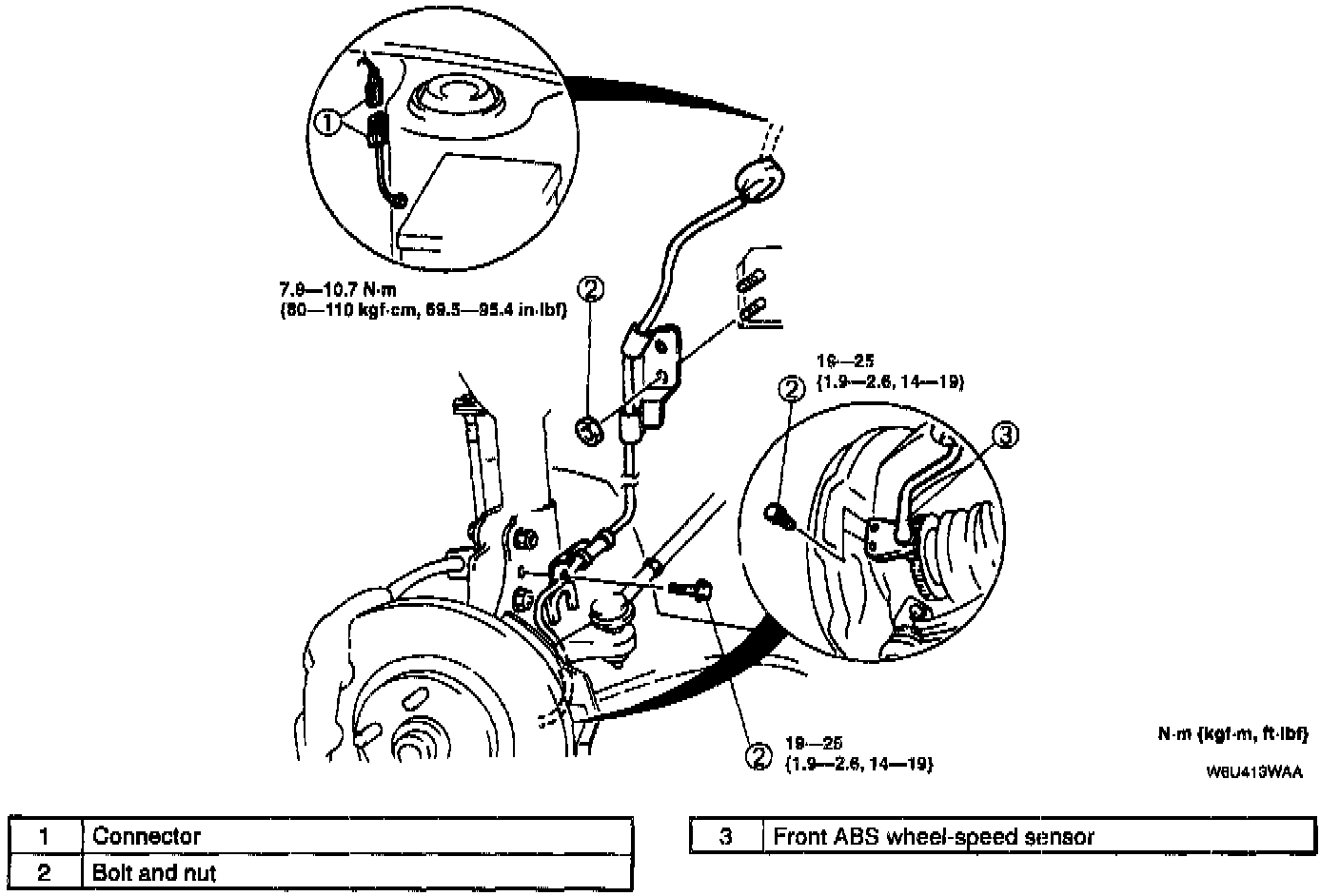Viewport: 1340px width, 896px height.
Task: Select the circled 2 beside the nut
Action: pos(591,288)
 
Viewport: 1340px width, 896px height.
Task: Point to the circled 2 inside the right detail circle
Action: pos(791,388)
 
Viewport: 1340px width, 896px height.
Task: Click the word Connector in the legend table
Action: pos(147,836)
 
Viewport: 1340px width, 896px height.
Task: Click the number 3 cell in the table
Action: pos(726,836)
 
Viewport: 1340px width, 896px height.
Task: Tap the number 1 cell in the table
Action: pos(45,836)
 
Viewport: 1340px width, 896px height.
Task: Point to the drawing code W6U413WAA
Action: pos(1254,771)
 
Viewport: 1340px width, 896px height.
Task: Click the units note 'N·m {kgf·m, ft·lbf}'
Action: pos(1233,733)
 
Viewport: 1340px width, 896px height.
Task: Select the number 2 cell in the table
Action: pos(45,871)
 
